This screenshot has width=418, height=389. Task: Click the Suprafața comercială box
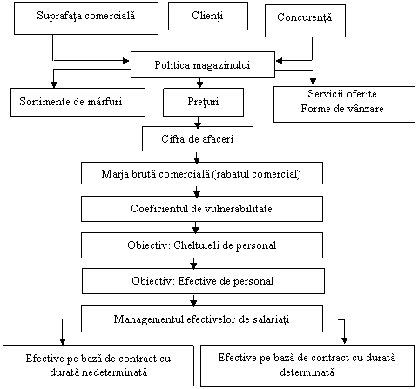click(x=86, y=18)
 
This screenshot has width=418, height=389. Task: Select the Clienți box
click(x=208, y=16)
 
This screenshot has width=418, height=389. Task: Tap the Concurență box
click(x=305, y=21)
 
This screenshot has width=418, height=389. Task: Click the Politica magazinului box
click(x=203, y=65)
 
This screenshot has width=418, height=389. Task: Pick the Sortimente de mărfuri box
click(x=78, y=102)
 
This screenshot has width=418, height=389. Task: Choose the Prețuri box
click(x=203, y=102)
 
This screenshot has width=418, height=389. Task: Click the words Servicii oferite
click(x=342, y=94)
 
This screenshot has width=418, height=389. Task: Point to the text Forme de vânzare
click(x=342, y=109)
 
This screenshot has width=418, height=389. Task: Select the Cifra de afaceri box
click(x=198, y=138)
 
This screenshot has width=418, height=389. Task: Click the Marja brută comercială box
click(x=202, y=173)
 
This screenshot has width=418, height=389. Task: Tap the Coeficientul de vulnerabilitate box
click(x=202, y=209)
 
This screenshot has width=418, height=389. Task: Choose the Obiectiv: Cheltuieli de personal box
click(x=202, y=245)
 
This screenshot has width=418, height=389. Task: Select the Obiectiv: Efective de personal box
click(x=203, y=281)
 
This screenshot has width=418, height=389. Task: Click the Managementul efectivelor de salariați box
click(x=202, y=319)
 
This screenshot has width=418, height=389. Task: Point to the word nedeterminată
click(x=98, y=372)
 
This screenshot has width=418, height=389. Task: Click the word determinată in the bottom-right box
click(x=307, y=372)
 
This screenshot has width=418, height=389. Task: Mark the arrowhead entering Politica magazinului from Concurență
click(x=279, y=61)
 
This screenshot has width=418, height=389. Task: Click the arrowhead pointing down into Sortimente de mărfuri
click(x=54, y=84)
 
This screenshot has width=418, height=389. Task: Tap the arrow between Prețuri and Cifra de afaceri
click(x=198, y=122)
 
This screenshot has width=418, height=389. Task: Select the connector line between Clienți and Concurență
click(x=257, y=17)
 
